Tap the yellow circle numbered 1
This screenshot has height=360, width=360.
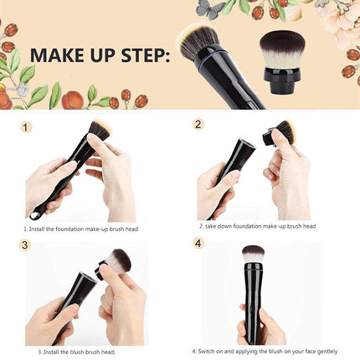click(x=27, y=127)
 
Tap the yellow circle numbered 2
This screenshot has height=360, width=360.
click(x=198, y=125)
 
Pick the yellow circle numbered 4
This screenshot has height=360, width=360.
click(x=198, y=244)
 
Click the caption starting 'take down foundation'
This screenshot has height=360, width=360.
click(x=257, y=226)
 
